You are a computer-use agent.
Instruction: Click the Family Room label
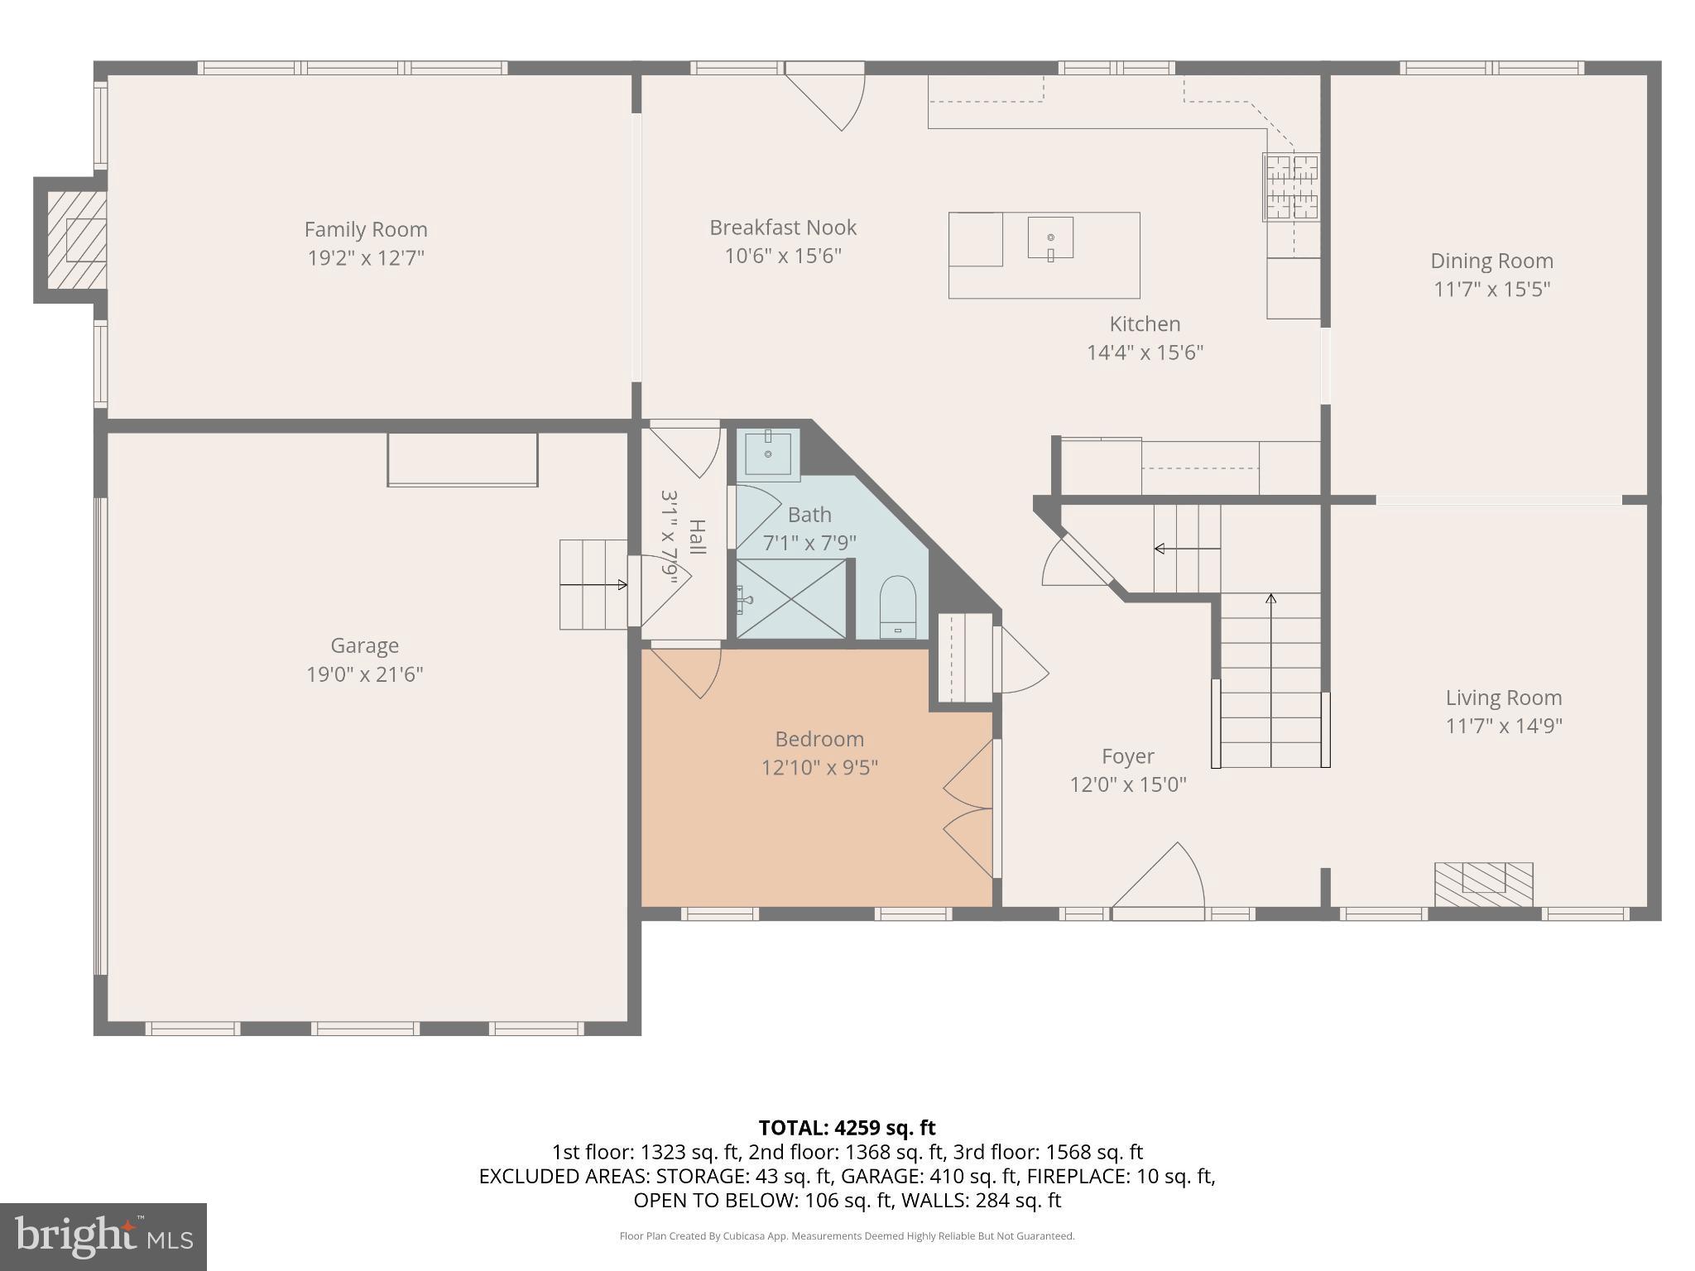365,229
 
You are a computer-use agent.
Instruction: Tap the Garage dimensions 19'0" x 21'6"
365,674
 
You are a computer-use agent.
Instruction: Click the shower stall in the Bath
791,599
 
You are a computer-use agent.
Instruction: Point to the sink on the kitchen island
1050,238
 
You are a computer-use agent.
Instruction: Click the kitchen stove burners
1290,187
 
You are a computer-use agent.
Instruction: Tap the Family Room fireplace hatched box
76,240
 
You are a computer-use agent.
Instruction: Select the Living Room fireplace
1483,884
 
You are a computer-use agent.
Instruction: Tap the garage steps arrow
593,585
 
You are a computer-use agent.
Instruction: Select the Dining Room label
1491,261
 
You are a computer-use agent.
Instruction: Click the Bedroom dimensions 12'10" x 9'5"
819,767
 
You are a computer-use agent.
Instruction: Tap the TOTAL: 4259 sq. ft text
847,1128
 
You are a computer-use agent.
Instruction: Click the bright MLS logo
103,1236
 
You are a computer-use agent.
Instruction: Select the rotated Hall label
697,536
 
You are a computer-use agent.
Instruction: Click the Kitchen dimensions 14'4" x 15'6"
1145,353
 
